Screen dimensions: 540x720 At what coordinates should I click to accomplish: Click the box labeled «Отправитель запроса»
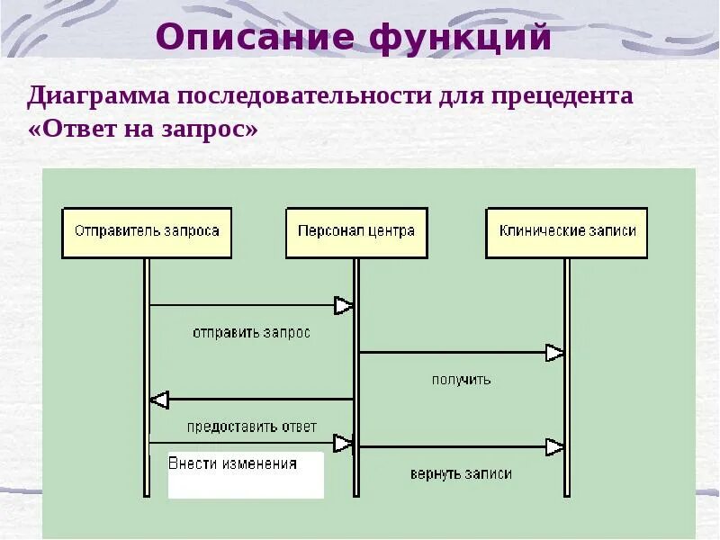pyautogui.click(x=147, y=232)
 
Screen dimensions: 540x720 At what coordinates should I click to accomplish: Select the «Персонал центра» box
pyautogui.click(x=356, y=232)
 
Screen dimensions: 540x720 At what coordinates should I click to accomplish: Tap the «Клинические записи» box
pyautogui.click(x=567, y=232)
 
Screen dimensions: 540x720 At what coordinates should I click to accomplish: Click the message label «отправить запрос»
pyautogui.click(x=251, y=333)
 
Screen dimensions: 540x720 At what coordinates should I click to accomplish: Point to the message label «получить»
pyautogui.click(x=462, y=380)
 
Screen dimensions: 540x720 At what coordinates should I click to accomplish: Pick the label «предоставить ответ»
pyautogui.click(x=252, y=427)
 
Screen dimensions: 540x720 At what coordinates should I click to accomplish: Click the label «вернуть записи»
pyautogui.click(x=461, y=473)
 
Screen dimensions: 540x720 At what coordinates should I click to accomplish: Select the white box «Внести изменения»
pyautogui.click(x=246, y=474)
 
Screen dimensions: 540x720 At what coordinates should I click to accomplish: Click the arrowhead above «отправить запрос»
pyautogui.click(x=343, y=306)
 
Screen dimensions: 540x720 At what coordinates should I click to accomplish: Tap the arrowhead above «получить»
pyautogui.click(x=554, y=353)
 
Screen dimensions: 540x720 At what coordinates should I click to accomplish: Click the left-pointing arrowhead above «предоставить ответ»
pyautogui.click(x=159, y=400)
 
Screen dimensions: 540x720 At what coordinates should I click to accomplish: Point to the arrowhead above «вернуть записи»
pyautogui.click(x=554, y=446)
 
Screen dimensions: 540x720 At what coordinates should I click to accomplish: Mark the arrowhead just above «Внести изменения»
pyautogui.click(x=343, y=443)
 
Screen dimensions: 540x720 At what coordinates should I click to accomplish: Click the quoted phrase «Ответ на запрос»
pyautogui.click(x=144, y=130)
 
